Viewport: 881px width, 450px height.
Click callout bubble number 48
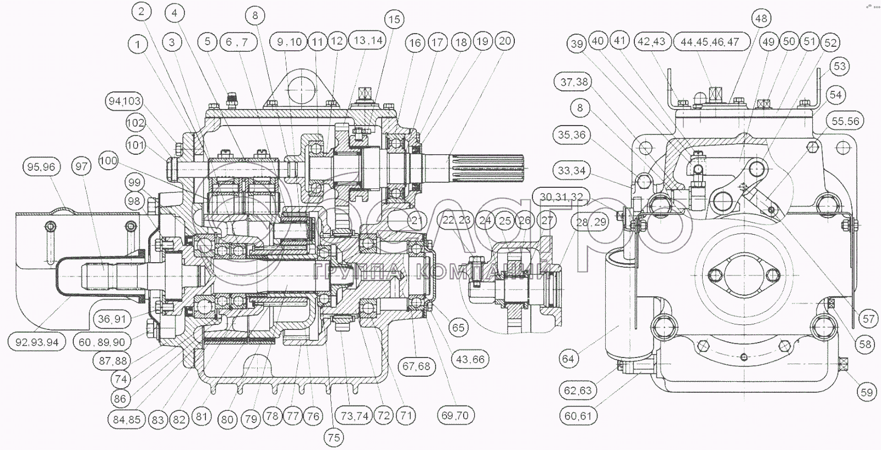click(761, 18)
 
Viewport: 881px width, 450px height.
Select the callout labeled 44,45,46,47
click(712, 42)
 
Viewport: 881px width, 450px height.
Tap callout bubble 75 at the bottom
click(334, 437)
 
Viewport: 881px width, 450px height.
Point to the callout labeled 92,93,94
click(36, 342)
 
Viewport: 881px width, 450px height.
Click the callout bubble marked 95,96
click(42, 167)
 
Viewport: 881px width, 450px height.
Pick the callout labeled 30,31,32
click(561, 197)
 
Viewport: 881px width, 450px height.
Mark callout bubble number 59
click(867, 392)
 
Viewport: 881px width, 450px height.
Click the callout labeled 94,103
click(124, 101)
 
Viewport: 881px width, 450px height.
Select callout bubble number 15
click(394, 19)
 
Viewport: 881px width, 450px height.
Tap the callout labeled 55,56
click(846, 121)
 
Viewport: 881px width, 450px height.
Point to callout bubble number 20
click(505, 41)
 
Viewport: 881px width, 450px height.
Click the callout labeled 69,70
click(455, 415)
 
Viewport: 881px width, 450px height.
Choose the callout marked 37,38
click(574, 82)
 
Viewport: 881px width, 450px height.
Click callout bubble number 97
click(81, 166)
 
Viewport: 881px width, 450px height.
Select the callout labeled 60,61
click(578, 415)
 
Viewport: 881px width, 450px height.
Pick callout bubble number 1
click(138, 44)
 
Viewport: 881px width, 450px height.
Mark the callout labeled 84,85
click(127, 419)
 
